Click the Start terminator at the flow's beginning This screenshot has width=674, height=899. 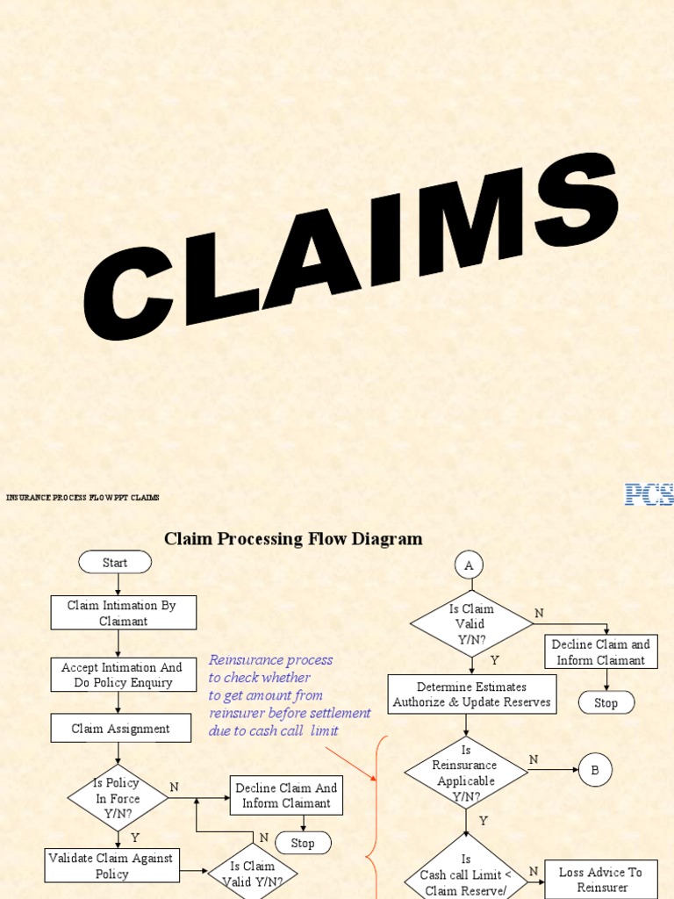pos(115,563)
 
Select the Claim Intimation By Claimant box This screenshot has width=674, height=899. pos(123,613)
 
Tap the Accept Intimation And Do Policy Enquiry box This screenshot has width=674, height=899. pos(123,674)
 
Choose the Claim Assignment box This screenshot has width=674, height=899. pos(120,728)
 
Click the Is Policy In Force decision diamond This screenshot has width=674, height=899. pos(118,798)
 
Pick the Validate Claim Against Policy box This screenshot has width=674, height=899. pos(111,865)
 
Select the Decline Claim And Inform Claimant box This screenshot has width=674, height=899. pos(286,795)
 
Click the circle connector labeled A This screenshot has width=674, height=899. pos(469,566)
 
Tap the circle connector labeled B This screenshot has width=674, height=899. pos(595,771)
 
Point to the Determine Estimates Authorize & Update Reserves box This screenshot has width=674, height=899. pos(472,694)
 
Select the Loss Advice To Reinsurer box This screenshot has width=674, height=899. pos(601,879)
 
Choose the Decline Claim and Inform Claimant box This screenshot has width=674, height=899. pos(601,651)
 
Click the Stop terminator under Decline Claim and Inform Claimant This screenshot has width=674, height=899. pos(606,702)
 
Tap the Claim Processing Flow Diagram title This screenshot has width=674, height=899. pos(293,539)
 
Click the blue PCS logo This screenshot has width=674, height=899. pos(649,494)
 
